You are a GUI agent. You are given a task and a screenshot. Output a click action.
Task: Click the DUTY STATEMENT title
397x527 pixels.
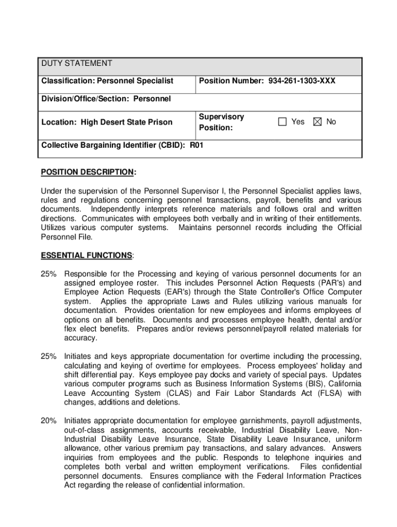[x=77, y=63]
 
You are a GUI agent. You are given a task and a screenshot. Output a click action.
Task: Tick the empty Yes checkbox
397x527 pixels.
[x=282, y=122]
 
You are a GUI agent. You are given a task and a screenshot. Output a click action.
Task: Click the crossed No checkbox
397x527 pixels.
[x=317, y=122]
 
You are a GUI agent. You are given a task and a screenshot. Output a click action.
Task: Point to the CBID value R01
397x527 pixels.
[x=197, y=145]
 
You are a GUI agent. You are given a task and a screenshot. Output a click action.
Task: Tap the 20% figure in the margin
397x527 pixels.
[x=49, y=420]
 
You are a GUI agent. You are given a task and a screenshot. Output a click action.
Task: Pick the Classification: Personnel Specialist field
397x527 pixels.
[x=107, y=81]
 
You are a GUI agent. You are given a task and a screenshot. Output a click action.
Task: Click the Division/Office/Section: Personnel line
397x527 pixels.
[x=106, y=98]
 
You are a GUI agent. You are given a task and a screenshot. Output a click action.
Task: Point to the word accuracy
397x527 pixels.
[x=80, y=338]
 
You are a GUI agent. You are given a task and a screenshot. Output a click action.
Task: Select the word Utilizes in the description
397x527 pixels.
[x=55, y=228]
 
